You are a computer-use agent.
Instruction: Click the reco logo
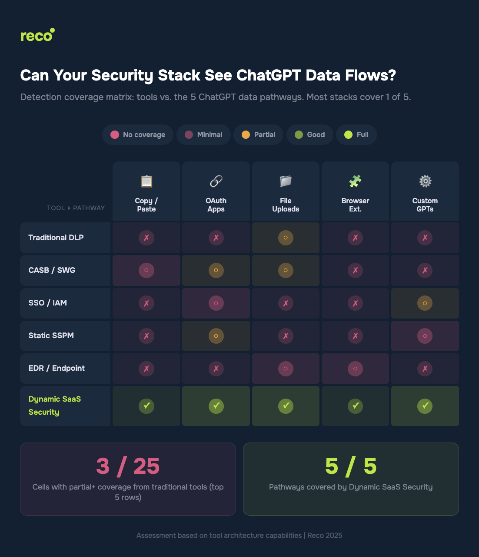point(37,35)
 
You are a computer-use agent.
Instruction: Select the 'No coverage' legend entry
point(138,135)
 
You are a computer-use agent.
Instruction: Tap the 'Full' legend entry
point(356,135)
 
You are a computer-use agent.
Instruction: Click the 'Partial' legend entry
point(258,135)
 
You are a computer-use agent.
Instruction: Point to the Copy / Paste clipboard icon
point(146,181)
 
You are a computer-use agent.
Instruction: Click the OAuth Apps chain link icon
point(216,181)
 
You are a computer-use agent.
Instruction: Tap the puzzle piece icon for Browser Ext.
point(355,181)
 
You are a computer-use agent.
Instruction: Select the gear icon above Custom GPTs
point(425,181)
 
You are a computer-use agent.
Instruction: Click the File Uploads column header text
point(286,205)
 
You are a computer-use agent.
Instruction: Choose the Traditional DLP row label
point(56,238)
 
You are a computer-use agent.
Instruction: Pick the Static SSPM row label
point(51,336)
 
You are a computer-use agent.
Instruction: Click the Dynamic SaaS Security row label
point(55,406)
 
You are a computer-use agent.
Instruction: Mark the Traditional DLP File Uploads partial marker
point(286,238)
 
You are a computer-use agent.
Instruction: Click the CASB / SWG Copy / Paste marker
point(146,270)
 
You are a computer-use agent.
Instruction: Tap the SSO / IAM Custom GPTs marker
point(425,303)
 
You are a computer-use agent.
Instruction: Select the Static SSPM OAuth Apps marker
point(216,336)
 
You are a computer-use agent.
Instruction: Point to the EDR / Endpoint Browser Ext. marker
point(355,369)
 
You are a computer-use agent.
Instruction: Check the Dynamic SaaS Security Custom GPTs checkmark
point(425,406)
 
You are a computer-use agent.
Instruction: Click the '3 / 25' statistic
point(128,466)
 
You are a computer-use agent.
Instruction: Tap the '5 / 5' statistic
point(351,466)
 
